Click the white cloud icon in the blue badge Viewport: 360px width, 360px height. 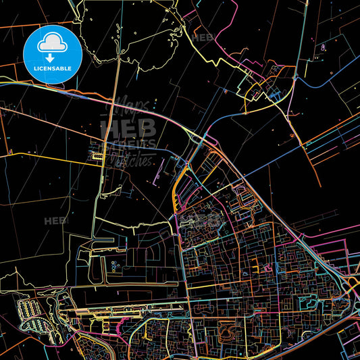[x=52, y=43]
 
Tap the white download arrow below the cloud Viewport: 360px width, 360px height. [x=52, y=57]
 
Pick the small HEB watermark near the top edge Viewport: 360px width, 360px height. [x=203, y=38]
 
